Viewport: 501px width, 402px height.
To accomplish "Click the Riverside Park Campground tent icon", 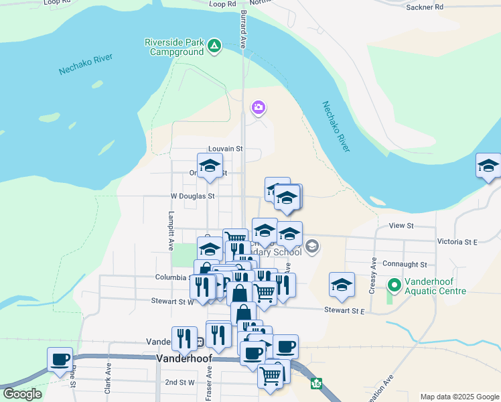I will point(214,46).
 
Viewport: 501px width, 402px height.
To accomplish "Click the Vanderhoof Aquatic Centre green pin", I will point(395,285).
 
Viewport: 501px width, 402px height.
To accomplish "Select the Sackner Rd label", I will point(425,7).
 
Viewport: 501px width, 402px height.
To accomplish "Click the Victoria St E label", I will point(456,241).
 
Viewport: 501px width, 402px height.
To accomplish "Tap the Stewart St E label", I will point(344,310).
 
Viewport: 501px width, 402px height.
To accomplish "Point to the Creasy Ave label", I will point(374,271).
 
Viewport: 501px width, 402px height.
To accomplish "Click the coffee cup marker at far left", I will point(60,358).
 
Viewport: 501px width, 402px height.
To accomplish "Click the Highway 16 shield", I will point(315,384).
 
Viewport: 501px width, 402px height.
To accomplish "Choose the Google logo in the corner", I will point(22,394).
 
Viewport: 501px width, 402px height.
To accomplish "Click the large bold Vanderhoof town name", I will point(184,358).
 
